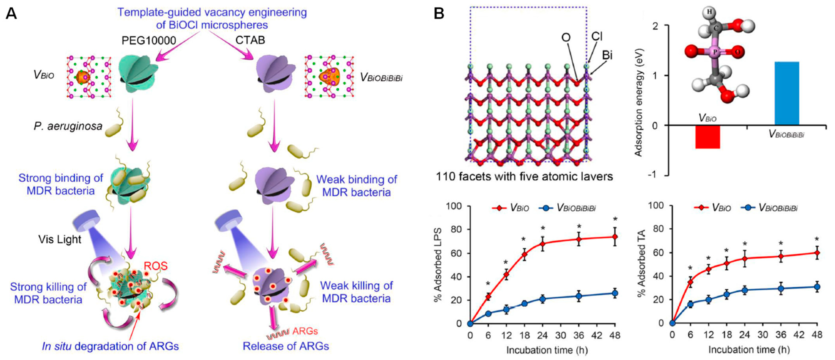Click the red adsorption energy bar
(x=708, y=136)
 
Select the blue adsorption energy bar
(x=787, y=93)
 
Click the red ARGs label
(x=305, y=331)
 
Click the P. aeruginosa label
(x=68, y=126)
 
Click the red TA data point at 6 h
(x=691, y=282)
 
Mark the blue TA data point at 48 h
(x=817, y=287)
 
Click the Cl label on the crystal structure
(x=597, y=37)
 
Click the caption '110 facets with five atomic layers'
(x=524, y=177)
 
